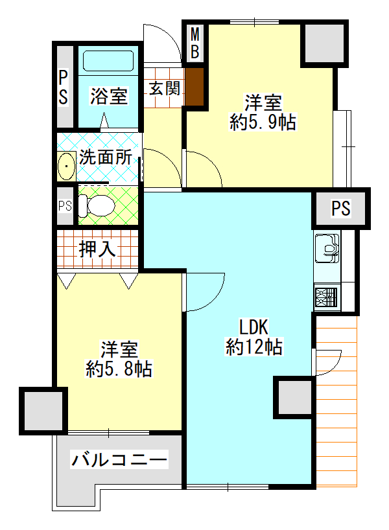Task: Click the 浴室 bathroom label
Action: tap(108, 97)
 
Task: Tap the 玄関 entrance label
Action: tap(164, 88)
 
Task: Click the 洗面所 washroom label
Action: tap(106, 157)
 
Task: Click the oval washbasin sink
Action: tap(67, 167)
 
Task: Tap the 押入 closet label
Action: tap(98, 248)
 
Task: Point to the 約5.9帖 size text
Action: tap(263, 122)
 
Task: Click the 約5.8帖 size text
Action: tap(119, 369)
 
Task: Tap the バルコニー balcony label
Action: tap(120, 461)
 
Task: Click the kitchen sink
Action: tap(326, 248)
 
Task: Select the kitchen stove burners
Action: tap(326, 297)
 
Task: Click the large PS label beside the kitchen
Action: tap(340, 209)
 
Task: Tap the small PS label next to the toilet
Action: tap(65, 206)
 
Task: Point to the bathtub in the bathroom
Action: tap(108, 63)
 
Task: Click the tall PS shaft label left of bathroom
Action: tap(64, 87)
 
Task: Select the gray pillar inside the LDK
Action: tap(295, 397)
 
